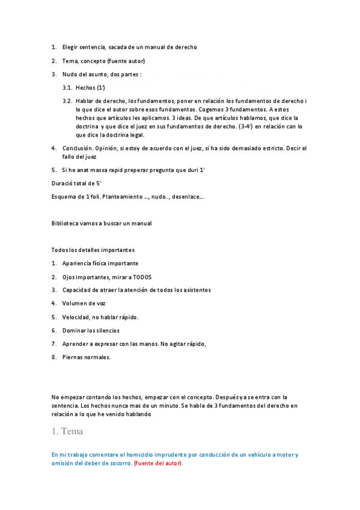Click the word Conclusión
tap(79, 148)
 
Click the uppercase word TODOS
tap(142, 277)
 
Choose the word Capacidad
tap(78, 290)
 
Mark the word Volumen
tap(75, 303)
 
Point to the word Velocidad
tap(77, 317)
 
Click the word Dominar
tap(75, 330)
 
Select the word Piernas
tap(73, 357)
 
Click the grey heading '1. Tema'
tap(67, 431)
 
